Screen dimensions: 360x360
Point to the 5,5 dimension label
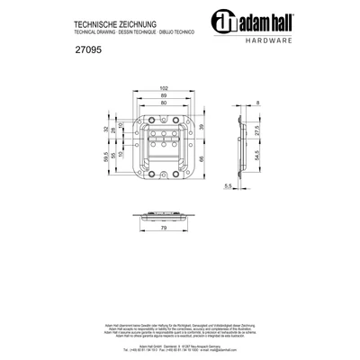(228, 186)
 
